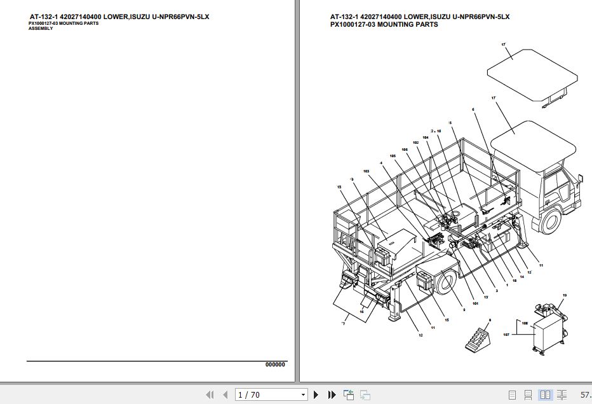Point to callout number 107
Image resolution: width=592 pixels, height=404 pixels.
(x=506, y=333)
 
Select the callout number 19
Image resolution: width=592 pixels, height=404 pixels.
(x=564, y=296)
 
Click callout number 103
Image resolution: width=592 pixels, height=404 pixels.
(x=366, y=171)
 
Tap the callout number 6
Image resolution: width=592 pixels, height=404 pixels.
(x=473, y=110)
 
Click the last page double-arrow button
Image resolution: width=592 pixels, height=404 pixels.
(x=331, y=395)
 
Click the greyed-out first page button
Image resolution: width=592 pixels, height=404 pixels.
(x=210, y=395)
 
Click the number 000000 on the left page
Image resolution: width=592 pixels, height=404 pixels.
(x=275, y=365)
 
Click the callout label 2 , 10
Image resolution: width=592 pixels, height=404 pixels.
(x=436, y=130)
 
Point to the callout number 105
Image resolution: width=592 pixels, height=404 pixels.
(x=393, y=156)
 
